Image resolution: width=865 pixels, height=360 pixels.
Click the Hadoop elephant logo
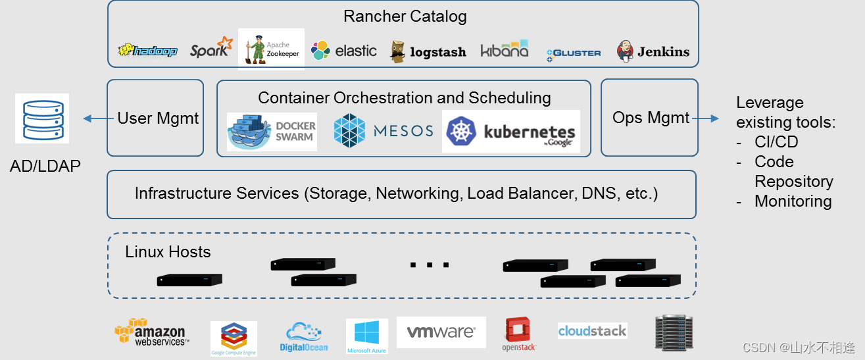coord(147,51)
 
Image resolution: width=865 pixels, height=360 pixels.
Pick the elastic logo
coord(344,51)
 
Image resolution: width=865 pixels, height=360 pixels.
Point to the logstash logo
coord(428,51)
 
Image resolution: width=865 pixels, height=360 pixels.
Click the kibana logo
coord(504,50)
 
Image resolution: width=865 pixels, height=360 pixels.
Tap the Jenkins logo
coord(653,51)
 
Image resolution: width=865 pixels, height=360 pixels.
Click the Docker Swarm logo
coord(272,132)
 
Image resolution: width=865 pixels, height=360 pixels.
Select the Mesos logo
coord(383,130)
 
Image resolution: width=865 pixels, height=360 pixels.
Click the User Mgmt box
coord(155,118)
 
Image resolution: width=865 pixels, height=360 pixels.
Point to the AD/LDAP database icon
coord(42,118)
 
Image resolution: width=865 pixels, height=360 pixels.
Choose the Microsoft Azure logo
coord(366,336)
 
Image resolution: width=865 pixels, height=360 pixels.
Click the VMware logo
coord(441,332)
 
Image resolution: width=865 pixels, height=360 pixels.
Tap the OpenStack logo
coord(519,334)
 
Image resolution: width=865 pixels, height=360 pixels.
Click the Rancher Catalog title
coord(405,16)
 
